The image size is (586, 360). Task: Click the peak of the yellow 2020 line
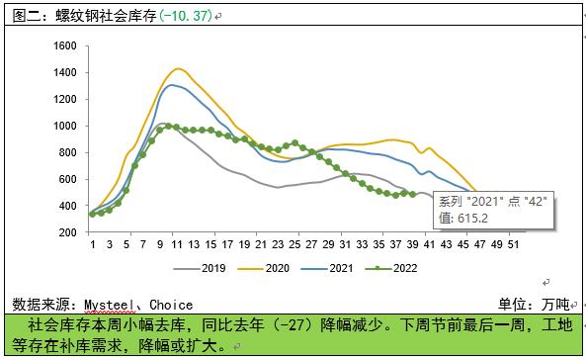point(177,68)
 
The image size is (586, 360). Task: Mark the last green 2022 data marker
point(412,194)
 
